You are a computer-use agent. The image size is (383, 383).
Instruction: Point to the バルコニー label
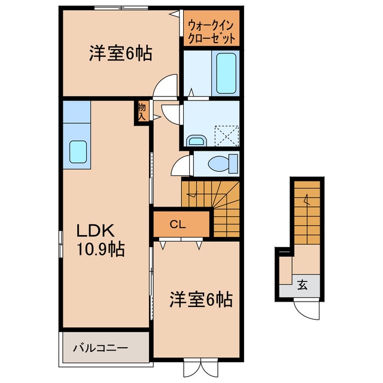click(101, 347)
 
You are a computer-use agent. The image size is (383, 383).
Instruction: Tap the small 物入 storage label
click(142, 112)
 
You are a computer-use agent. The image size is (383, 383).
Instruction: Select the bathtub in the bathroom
click(226, 72)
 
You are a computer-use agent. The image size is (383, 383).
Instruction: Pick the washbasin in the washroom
click(196, 141)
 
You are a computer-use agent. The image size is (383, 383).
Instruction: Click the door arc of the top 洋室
click(165, 86)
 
